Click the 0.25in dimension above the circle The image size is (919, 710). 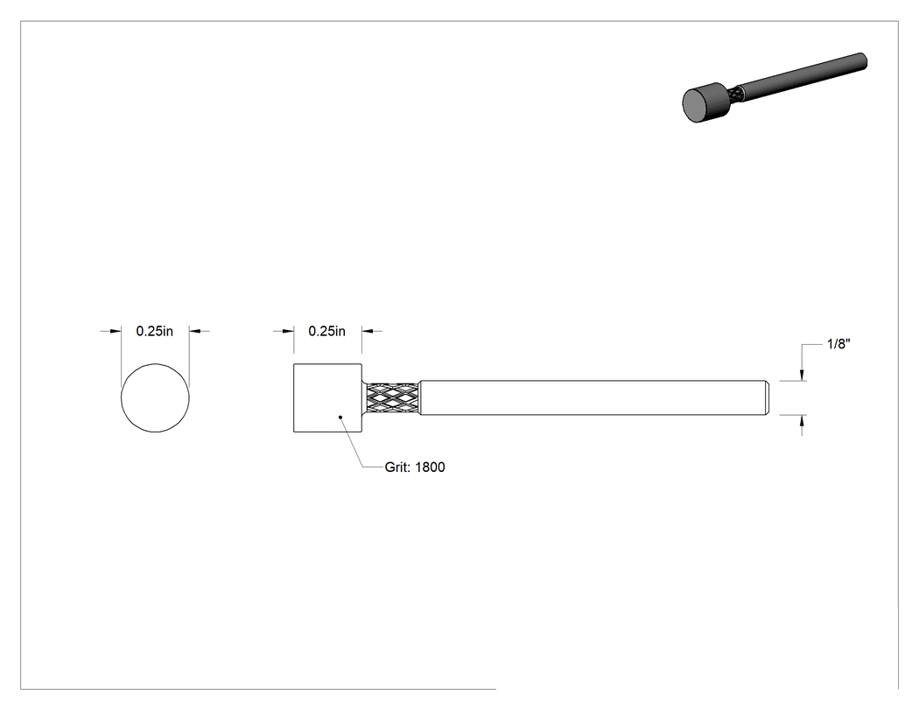point(155,331)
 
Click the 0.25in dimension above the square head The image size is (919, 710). point(327,331)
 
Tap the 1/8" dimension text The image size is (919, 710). point(838,344)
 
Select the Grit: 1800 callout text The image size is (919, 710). point(414,467)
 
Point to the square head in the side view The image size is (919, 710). point(327,398)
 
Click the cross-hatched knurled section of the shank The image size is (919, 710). point(393,398)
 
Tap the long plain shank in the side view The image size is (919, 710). point(592,398)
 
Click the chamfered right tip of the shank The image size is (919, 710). point(767,398)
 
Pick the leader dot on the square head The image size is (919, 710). point(340,418)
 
